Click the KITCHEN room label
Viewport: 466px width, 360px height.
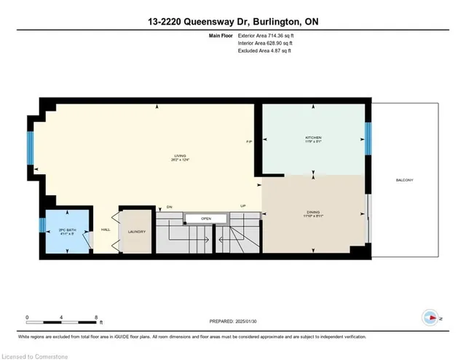click(x=313, y=138)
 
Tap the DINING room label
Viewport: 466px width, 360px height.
click(x=313, y=213)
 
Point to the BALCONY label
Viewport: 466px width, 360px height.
click(x=406, y=180)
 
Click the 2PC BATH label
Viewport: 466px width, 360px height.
click(x=66, y=230)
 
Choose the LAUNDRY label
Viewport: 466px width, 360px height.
click(x=137, y=232)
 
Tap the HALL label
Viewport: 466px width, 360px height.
click(x=106, y=229)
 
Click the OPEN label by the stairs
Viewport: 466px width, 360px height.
click(x=206, y=218)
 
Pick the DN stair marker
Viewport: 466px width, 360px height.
click(x=169, y=206)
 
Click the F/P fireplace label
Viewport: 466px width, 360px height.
click(x=248, y=141)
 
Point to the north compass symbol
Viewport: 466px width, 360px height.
click(x=430, y=318)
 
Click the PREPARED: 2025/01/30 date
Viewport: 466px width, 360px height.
click(x=232, y=321)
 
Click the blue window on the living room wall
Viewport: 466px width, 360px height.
click(x=31, y=148)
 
